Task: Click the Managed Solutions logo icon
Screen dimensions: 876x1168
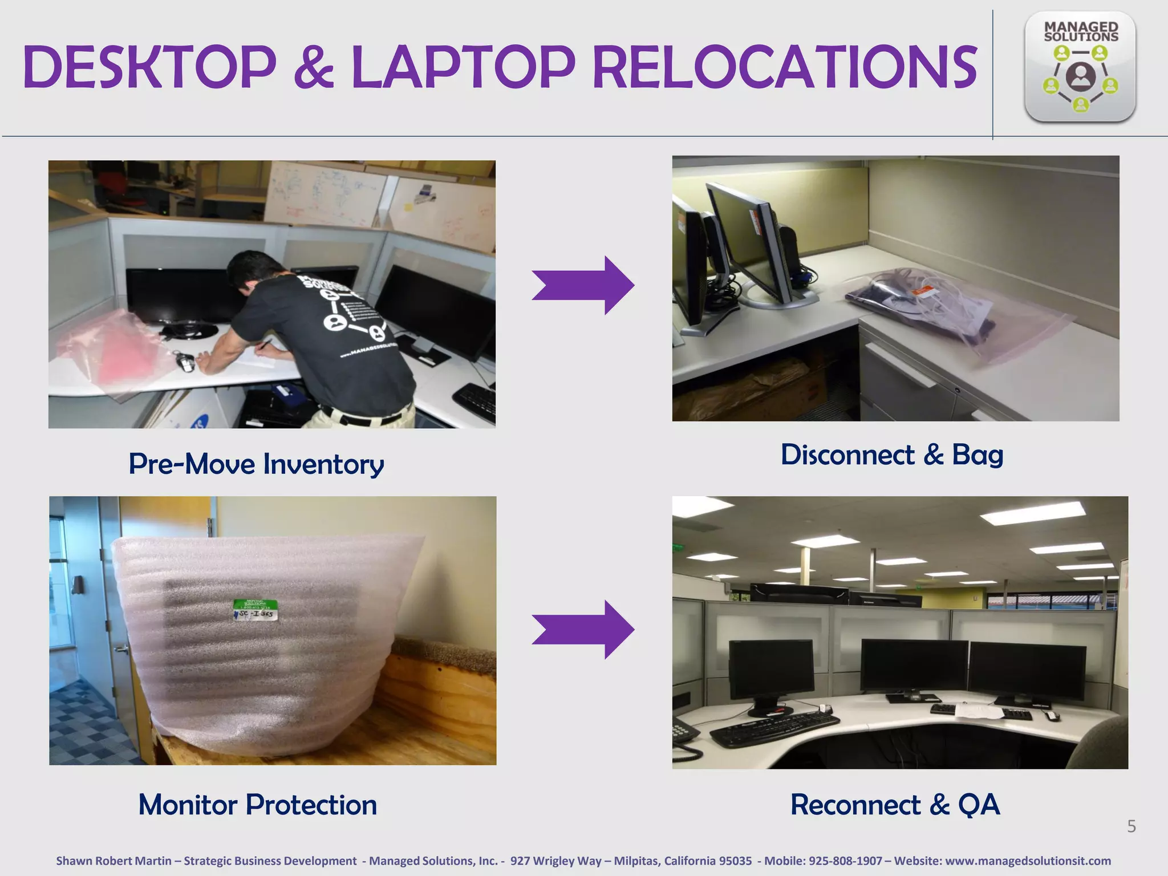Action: pos(1080,67)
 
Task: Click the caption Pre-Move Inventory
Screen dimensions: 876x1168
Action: pos(256,464)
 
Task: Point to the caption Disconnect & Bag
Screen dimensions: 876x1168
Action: pos(892,455)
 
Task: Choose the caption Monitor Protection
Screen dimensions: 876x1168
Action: pos(258,805)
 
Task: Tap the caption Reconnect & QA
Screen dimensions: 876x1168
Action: pos(895,805)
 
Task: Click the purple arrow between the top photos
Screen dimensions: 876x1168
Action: pos(583,285)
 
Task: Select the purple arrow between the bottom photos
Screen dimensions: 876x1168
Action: pos(583,630)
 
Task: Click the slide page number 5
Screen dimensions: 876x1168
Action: pos(1131,826)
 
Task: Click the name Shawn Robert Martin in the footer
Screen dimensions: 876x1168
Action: pos(113,861)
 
